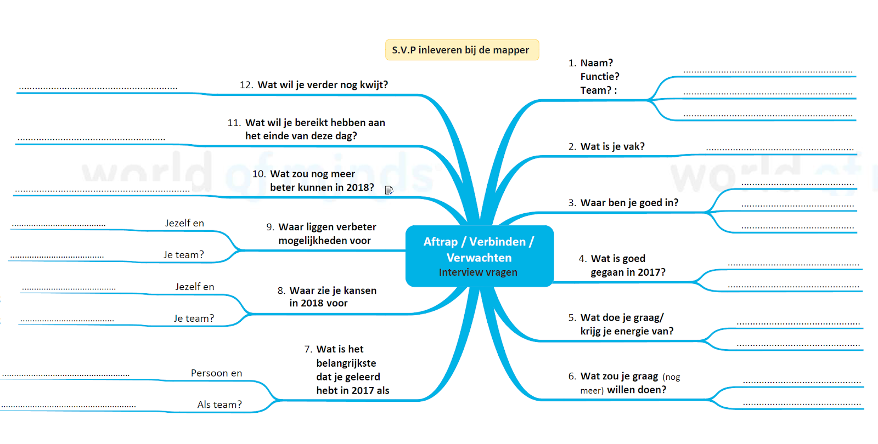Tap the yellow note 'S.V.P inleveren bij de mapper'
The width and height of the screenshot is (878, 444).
(x=461, y=50)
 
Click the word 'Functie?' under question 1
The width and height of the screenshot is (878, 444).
(x=600, y=77)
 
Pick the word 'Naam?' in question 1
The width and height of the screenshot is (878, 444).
(x=596, y=63)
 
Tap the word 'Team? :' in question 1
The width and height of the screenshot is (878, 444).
(x=598, y=90)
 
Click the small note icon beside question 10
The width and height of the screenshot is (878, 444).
(x=389, y=190)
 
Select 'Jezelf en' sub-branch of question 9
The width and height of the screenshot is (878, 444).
(x=184, y=223)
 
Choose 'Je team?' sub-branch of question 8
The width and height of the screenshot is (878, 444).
(x=194, y=318)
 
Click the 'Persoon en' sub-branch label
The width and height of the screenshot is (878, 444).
(x=216, y=373)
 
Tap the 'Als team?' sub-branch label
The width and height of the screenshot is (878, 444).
(x=219, y=405)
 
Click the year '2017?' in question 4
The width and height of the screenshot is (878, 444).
(x=651, y=272)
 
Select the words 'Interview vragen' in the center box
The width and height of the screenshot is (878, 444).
(x=478, y=272)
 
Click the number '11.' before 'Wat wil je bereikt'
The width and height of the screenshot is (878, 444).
(x=234, y=123)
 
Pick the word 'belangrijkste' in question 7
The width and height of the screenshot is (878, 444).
(x=346, y=363)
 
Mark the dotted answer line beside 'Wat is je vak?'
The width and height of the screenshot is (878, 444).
(x=779, y=149)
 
